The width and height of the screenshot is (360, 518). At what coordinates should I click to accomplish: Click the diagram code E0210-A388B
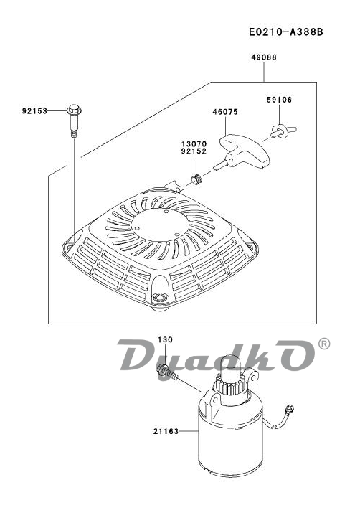[286, 32]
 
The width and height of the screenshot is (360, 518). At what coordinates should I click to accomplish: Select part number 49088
[264, 57]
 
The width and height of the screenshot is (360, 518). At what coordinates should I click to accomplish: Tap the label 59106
[280, 100]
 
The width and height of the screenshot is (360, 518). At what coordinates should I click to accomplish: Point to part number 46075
[225, 112]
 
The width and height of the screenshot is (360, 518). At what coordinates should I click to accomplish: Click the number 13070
[194, 144]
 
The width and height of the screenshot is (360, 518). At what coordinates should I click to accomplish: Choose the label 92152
[194, 151]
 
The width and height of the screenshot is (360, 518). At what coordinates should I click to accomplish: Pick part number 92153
[34, 111]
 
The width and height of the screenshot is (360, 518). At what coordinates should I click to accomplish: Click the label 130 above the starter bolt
[165, 339]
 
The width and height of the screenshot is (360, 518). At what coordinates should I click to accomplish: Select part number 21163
[166, 431]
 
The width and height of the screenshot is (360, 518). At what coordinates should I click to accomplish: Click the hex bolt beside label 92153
[75, 121]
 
